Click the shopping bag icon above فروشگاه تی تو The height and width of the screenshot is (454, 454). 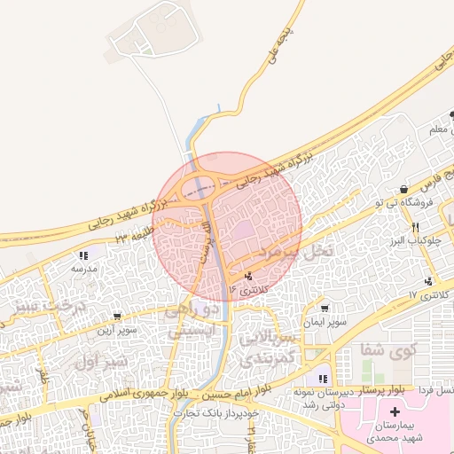pos(403,189)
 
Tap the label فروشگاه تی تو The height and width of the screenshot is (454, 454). pos(407,203)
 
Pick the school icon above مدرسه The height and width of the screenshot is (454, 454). pos(82,255)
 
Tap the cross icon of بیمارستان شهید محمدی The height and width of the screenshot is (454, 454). pos(395,411)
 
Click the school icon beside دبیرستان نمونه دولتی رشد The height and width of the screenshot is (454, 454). pos(323,380)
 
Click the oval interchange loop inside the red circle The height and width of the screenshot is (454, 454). pos(202,188)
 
